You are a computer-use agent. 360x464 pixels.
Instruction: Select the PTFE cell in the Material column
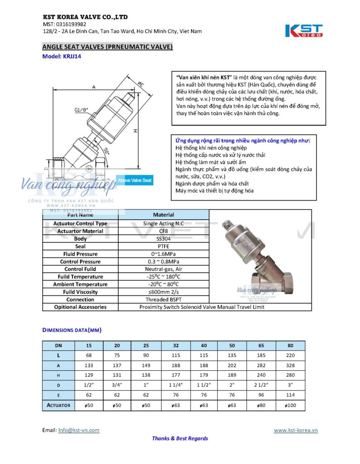tap(163, 246)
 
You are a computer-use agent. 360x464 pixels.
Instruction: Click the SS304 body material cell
tap(163, 238)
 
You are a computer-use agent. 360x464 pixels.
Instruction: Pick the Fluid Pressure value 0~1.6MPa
tap(163, 254)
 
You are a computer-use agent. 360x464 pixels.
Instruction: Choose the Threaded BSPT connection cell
tap(163, 300)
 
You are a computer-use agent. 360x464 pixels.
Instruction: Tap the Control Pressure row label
tap(80, 261)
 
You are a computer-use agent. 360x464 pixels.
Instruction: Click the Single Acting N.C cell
tap(163, 223)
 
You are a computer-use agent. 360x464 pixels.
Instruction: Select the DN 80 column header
tap(290, 345)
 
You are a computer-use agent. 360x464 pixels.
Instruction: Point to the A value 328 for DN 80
tap(290, 365)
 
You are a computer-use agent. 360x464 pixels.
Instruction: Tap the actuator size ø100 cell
tap(290, 405)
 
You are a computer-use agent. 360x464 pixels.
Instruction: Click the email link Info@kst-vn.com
tap(79, 430)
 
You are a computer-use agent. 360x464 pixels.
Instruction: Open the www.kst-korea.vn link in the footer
tap(295, 430)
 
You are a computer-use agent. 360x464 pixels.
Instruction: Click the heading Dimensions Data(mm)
tap(72, 330)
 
